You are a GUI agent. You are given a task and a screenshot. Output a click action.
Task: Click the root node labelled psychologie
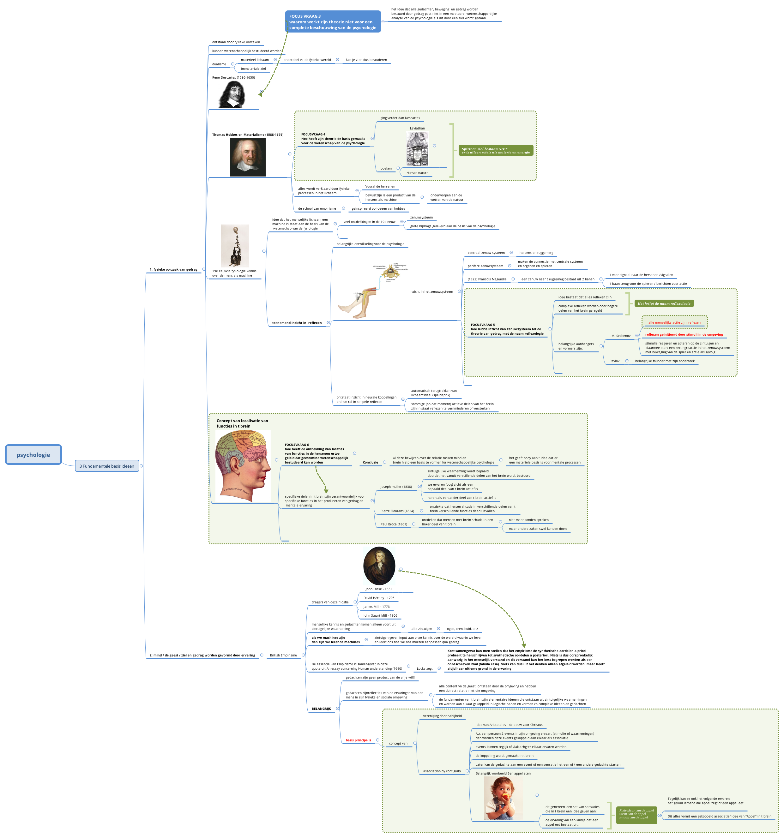tap(33, 455)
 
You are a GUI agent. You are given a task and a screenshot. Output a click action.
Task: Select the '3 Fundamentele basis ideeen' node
tap(107, 466)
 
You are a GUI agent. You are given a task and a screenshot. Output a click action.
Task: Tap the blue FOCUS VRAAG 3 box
tap(332, 22)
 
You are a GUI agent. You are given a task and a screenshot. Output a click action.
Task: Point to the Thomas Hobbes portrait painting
tap(248, 157)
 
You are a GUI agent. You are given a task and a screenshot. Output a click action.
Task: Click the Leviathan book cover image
tap(417, 149)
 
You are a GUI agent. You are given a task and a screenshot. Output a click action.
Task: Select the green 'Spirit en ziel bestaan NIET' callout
tap(496, 151)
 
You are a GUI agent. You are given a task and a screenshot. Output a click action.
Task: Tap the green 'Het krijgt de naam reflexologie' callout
tap(664, 303)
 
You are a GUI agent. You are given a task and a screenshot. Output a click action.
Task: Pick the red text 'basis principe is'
tap(358, 740)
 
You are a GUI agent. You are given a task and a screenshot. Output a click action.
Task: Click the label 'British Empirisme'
tap(283, 655)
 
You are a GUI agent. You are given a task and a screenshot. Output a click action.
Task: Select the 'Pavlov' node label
tap(614, 361)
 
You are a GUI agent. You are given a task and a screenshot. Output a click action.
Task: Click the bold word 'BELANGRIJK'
tap(321, 709)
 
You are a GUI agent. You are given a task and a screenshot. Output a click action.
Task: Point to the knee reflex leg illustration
tap(359, 302)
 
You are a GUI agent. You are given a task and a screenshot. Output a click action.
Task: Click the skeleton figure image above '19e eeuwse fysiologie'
tap(234, 246)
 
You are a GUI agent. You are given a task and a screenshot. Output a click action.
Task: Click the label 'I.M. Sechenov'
tap(619, 336)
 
